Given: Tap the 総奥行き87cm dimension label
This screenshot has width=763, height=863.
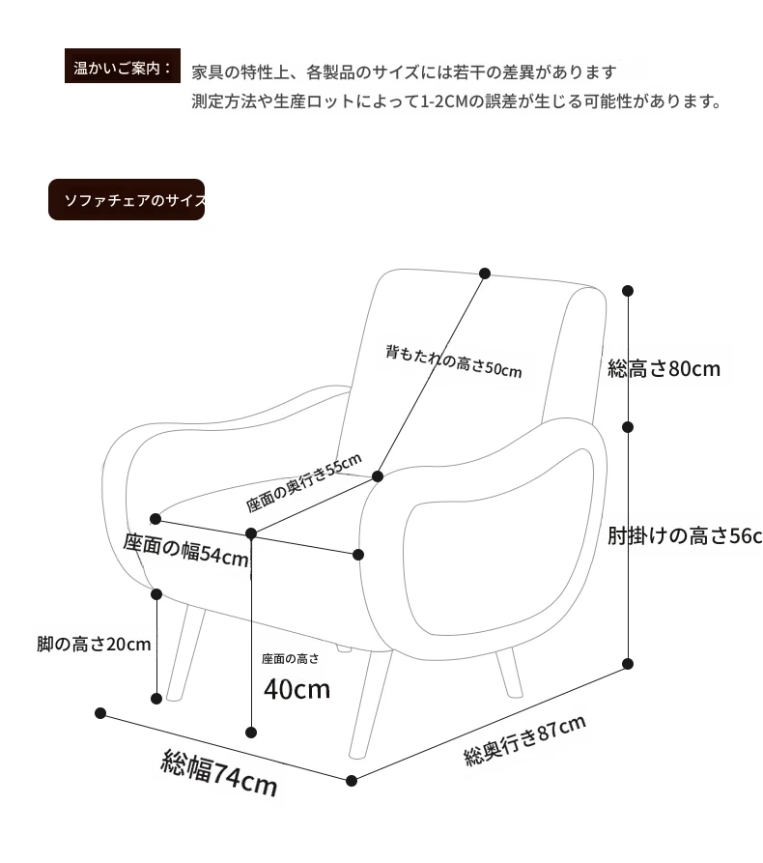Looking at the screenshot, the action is tap(524, 740).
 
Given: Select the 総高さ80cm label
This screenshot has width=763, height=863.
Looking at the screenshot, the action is tap(664, 368).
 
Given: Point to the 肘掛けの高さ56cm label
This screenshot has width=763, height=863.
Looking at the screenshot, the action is tap(685, 535).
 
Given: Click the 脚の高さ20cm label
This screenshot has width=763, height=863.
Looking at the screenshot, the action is tap(94, 644).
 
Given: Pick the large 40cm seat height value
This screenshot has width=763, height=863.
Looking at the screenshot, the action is tap(297, 689).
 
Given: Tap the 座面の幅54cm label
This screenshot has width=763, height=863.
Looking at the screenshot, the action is tap(186, 550).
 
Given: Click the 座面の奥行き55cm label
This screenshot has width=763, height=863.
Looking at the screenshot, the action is tap(303, 482).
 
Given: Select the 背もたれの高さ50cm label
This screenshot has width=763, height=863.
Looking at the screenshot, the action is tap(453, 361).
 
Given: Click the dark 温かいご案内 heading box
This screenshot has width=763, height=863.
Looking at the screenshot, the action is tap(123, 66).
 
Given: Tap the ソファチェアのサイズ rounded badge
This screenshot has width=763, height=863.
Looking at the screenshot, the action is tap(127, 199).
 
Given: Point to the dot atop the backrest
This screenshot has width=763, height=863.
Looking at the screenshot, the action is tap(485, 273).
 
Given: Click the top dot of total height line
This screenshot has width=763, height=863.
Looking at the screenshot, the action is tap(628, 291).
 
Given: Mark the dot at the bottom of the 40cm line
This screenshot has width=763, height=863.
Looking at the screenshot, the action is tap(251, 732).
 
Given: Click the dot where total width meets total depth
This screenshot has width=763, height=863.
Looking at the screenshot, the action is tap(352, 781).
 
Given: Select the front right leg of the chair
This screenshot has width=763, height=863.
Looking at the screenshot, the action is tap(370, 704).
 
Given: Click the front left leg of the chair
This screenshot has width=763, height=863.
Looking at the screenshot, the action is tap(184, 652).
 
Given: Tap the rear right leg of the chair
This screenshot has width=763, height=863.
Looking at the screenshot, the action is tap(509, 673).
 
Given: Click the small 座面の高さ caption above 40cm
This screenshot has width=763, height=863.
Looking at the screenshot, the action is tap(290, 659).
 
